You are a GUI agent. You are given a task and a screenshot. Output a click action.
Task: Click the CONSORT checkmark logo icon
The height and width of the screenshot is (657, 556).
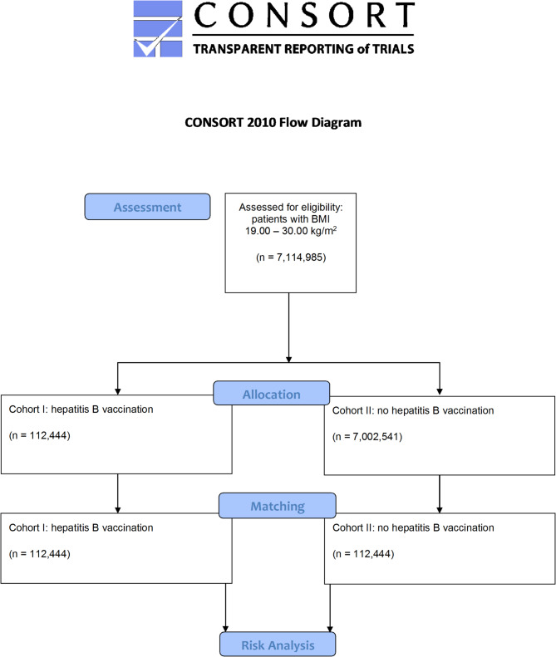pos(157,29)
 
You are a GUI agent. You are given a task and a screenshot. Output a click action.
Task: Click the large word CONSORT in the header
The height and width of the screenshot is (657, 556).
pos(303,17)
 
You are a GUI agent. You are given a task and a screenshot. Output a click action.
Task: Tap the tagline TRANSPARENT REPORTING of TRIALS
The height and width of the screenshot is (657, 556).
pos(303,48)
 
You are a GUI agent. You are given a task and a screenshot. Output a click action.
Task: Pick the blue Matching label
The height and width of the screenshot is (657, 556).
pos(277,505)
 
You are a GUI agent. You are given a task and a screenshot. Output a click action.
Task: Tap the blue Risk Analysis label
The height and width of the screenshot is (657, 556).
pos(278,644)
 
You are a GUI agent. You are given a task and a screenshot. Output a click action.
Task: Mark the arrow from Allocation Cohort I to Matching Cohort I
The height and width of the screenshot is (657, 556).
pos(118,494)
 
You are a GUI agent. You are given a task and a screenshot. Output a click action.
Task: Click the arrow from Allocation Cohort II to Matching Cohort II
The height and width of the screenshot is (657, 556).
pos(439,494)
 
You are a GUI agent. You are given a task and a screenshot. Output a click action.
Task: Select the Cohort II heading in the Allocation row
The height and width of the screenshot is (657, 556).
pos(412,410)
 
